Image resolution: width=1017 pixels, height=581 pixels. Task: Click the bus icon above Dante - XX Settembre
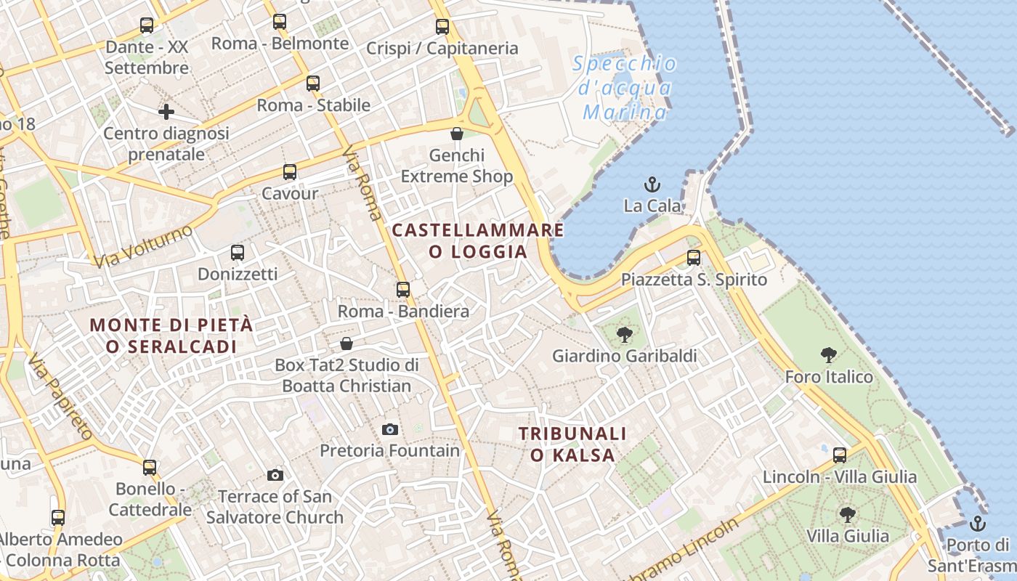click(x=147, y=25)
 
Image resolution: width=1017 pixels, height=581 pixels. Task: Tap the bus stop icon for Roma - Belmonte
click(x=280, y=22)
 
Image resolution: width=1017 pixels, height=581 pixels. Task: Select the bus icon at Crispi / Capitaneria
click(x=442, y=27)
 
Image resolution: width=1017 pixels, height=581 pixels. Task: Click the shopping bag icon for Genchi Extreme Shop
click(x=457, y=134)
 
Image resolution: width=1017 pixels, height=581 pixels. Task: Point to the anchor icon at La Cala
click(x=652, y=184)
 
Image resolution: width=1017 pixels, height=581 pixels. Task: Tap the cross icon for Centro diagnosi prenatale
click(x=166, y=112)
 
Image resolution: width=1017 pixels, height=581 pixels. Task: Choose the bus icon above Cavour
click(x=290, y=172)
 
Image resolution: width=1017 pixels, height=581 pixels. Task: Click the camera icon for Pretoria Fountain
click(x=390, y=429)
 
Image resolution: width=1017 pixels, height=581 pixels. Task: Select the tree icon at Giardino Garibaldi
click(x=624, y=335)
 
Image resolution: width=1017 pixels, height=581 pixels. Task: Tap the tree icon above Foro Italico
click(x=829, y=355)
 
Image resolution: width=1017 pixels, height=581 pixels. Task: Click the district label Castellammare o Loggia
click(x=478, y=241)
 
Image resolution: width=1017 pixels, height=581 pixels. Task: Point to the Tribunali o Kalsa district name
click(x=572, y=444)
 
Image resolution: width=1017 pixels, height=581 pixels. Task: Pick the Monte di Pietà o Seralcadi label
click(x=171, y=336)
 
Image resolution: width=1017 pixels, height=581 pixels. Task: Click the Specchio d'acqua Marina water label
click(x=625, y=88)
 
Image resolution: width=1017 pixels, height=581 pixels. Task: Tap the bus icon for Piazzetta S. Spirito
click(x=694, y=258)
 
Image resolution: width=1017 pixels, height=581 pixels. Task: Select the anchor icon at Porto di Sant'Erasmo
click(x=978, y=523)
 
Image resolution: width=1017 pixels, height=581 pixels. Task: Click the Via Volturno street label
click(x=143, y=246)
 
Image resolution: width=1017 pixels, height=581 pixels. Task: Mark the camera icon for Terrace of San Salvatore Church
click(x=275, y=475)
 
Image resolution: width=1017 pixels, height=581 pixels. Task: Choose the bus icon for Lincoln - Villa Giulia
click(x=840, y=455)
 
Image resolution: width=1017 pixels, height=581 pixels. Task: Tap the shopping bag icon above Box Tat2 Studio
click(x=347, y=343)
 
